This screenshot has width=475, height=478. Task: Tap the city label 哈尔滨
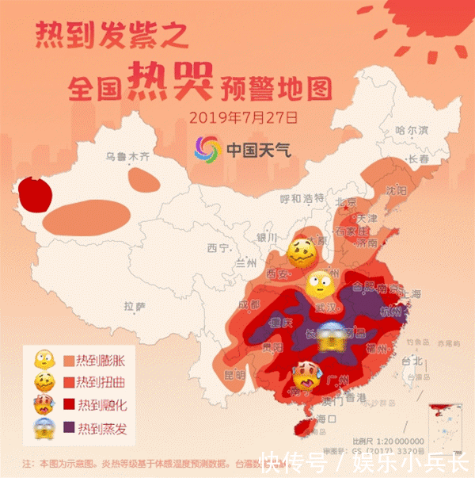411,129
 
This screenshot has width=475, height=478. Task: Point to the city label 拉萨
135,305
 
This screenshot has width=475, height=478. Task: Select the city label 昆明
235,373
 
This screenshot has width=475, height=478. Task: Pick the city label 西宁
218,248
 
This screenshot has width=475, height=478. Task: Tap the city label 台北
414,360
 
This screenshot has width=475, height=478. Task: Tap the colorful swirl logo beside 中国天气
207,148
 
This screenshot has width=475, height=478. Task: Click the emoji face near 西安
300,252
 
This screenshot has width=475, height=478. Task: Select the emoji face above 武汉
320,281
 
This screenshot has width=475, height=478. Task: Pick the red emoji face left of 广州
306,375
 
